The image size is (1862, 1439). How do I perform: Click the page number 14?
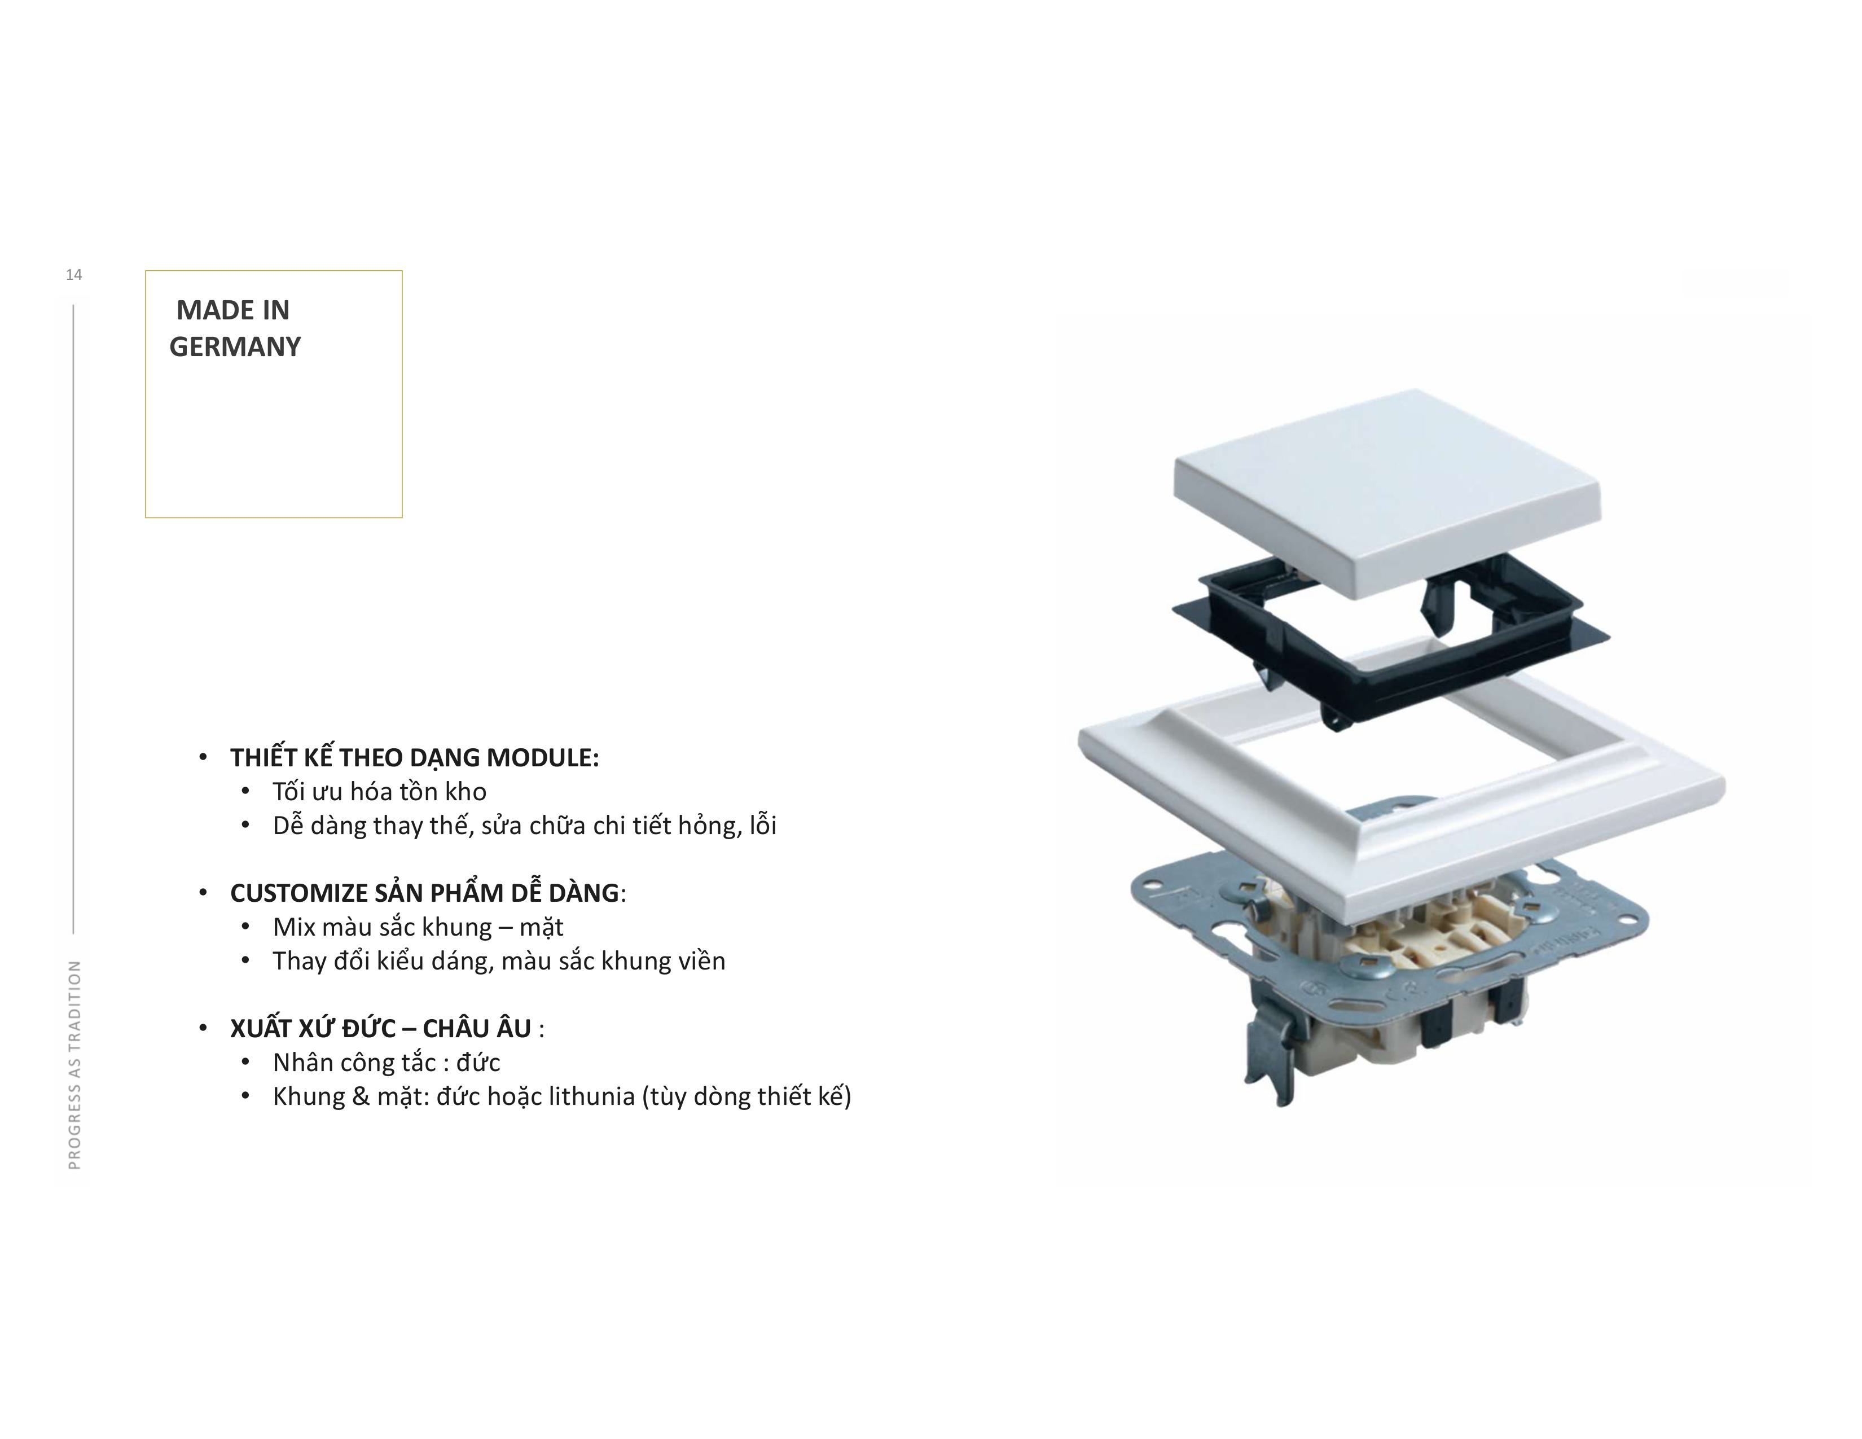pyautogui.click(x=74, y=274)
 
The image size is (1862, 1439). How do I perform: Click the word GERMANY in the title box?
pyautogui.click(x=235, y=347)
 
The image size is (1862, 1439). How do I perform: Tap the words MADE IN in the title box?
pyautogui.click(x=232, y=310)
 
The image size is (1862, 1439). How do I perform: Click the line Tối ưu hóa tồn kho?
pyautogui.click(x=379, y=792)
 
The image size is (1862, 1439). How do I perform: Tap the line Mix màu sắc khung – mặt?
pyautogui.click(x=418, y=928)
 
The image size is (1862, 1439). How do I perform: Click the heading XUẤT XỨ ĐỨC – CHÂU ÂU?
pyautogui.click(x=381, y=1028)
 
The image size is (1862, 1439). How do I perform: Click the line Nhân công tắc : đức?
pyautogui.click(x=386, y=1063)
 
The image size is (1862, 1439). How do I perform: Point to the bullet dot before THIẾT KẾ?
pyautogui.click(x=203, y=758)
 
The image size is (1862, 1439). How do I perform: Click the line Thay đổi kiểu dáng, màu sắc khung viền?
pyautogui.click(x=499, y=962)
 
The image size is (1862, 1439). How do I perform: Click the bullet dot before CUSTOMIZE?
pyautogui.click(x=203, y=893)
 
